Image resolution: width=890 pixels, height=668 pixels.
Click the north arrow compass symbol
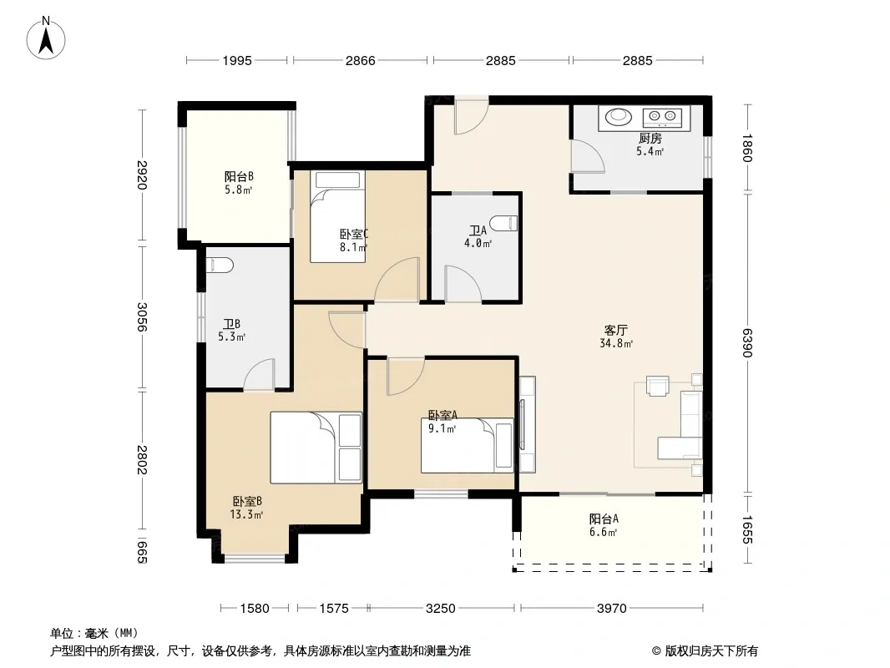click(46, 38)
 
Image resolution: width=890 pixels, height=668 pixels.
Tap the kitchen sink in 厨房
click(618, 117)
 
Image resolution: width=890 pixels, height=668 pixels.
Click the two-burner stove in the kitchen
click(662, 117)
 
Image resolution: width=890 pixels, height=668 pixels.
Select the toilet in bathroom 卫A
click(504, 223)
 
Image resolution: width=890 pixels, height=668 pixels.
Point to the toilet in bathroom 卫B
click(220, 265)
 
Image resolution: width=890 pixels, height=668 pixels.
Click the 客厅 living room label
click(616, 331)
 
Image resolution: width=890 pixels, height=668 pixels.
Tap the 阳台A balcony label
click(604, 519)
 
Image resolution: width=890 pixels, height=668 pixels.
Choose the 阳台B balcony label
click(239, 176)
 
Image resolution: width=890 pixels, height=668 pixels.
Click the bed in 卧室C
click(337, 217)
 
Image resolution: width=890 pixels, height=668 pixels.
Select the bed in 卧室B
click(316, 448)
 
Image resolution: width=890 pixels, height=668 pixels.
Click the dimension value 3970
click(611, 609)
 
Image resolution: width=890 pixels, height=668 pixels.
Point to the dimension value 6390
click(747, 343)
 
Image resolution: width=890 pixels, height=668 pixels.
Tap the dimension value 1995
click(236, 60)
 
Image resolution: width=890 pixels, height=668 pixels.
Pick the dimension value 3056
click(142, 317)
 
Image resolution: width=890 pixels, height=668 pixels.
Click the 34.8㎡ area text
click(616, 343)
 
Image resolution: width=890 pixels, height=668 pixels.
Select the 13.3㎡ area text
click(245, 514)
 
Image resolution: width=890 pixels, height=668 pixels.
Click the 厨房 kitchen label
click(650, 139)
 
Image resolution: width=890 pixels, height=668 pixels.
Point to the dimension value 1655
click(747, 529)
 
